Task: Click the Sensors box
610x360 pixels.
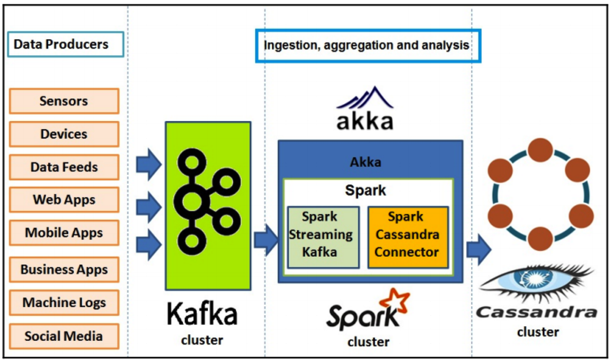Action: (64, 101)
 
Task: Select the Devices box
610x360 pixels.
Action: (64, 134)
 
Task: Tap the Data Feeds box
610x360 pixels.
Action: (64, 167)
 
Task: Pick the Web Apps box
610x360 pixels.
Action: (64, 200)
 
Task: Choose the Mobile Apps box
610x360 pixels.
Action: (64, 233)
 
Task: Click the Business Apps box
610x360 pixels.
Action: (64, 270)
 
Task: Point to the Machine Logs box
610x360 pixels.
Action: (64, 302)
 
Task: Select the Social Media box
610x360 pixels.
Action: (64, 336)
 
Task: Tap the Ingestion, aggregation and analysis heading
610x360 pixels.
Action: (367, 46)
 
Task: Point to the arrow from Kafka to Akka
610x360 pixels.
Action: (265, 240)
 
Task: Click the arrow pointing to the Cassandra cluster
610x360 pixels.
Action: (478, 248)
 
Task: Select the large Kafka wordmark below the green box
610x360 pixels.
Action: (202, 315)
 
